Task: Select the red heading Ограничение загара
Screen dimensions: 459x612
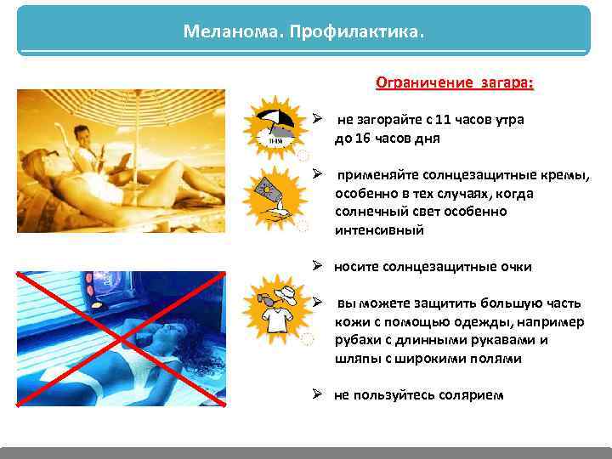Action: pyautogui.click(x=455, y=84)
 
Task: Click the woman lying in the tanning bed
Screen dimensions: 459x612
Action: pyautogui.click(x=127, y=353)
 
